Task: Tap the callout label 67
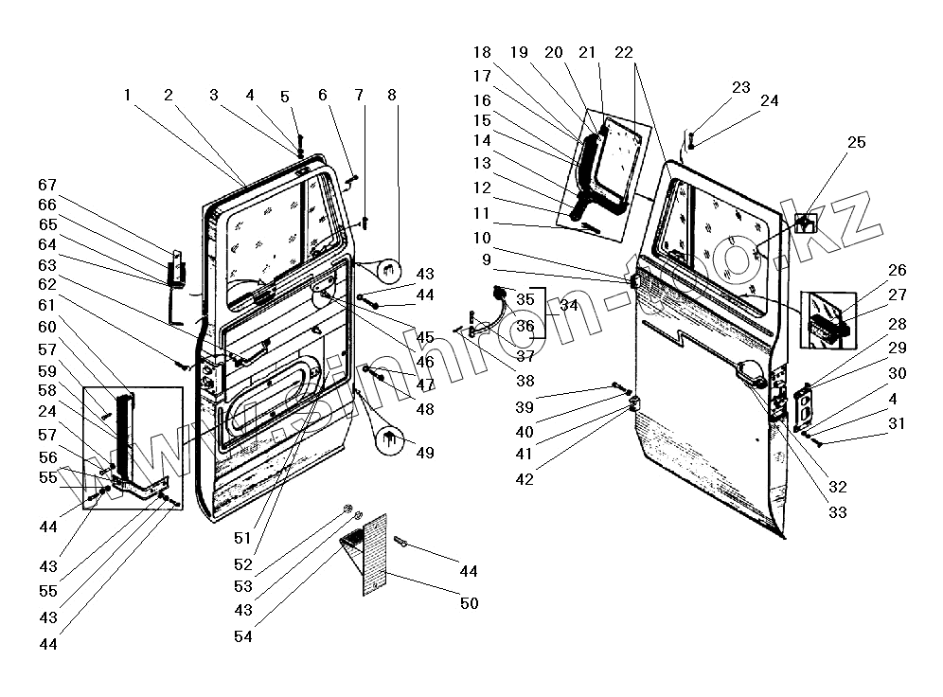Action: tap(47, 185)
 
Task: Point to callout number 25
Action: tap(856, 142)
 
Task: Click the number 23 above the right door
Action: tap(740, 87)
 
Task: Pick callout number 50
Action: tap(469, 603)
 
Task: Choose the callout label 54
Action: tap(243, 637)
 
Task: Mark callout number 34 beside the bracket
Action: tap(568, 305)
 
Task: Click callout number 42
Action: tap(524, 479)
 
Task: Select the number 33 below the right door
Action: tap(836, 512)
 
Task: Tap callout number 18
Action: tap(483, 52)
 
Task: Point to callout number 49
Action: tap(424, 453)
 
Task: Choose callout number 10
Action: tap(483, 237)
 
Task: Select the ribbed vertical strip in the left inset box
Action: tap(121, 434)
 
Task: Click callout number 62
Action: tap(47, 284)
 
